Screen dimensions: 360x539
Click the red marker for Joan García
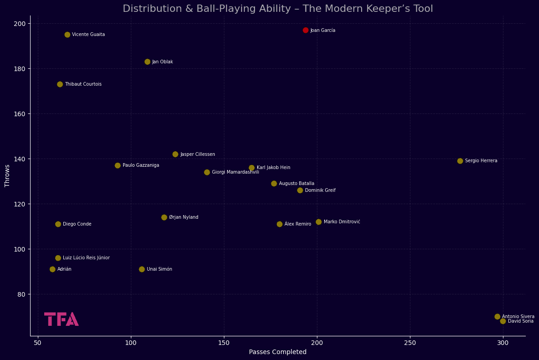tap(306, 31)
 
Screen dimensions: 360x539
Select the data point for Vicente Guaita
tap(67, 35)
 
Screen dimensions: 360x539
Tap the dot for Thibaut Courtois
tap(60, 84)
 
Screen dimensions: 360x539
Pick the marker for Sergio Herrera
tap(460, 161)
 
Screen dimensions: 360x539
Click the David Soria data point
tap(503, 321)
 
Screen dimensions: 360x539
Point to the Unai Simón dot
tap(142, 269)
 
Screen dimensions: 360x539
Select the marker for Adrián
tap(52, 269)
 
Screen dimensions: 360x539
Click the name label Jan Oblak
tap(162, 62)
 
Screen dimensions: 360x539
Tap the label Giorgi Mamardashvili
tap(235, 172)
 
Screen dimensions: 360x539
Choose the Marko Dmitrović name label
tap(342, 222)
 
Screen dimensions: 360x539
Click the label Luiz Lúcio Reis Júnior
tap(86, 258)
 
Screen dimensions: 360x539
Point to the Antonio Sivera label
tap(518, 317)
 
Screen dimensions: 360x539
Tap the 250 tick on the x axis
tap(410, 343)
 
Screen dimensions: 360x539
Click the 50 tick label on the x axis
tap(38, 343)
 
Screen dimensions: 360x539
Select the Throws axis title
tap(7, 176)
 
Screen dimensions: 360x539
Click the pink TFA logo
tap(61, 319)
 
